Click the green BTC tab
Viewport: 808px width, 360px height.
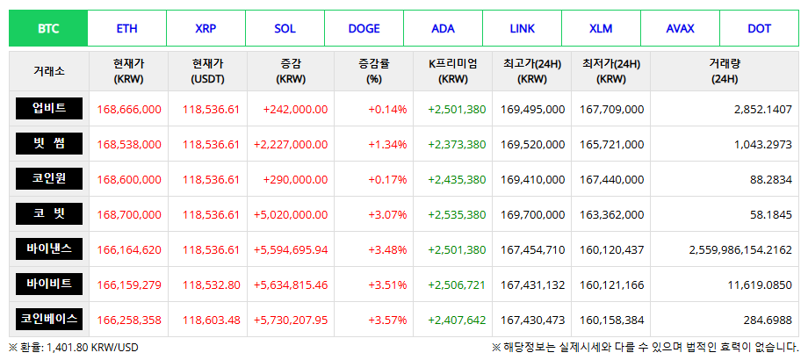(x=48, y=28)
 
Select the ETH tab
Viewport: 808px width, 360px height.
(x=127, y=28)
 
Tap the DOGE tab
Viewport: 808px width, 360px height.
(x=364, y=28)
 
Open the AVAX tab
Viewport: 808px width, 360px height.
(x=681, y=28)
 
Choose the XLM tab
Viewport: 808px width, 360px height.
(x=602, y=28)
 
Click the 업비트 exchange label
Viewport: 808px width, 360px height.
(x=48, y=109)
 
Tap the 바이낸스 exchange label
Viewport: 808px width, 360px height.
(x=48, y=249)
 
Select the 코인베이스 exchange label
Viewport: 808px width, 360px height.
(x=48, y=320)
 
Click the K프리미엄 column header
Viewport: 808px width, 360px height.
(x=453, y=71)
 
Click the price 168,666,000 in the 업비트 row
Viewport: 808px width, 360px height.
(x=129, y=110)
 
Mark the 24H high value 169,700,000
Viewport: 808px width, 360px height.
(x=532, y=215)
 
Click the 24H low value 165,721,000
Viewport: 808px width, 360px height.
(x=611, y=145)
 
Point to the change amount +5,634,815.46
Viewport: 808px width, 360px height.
(x=290, y=285)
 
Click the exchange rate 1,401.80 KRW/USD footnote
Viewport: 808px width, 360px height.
(x=74, y=348)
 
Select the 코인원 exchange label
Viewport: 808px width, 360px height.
(x=48, y=179)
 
